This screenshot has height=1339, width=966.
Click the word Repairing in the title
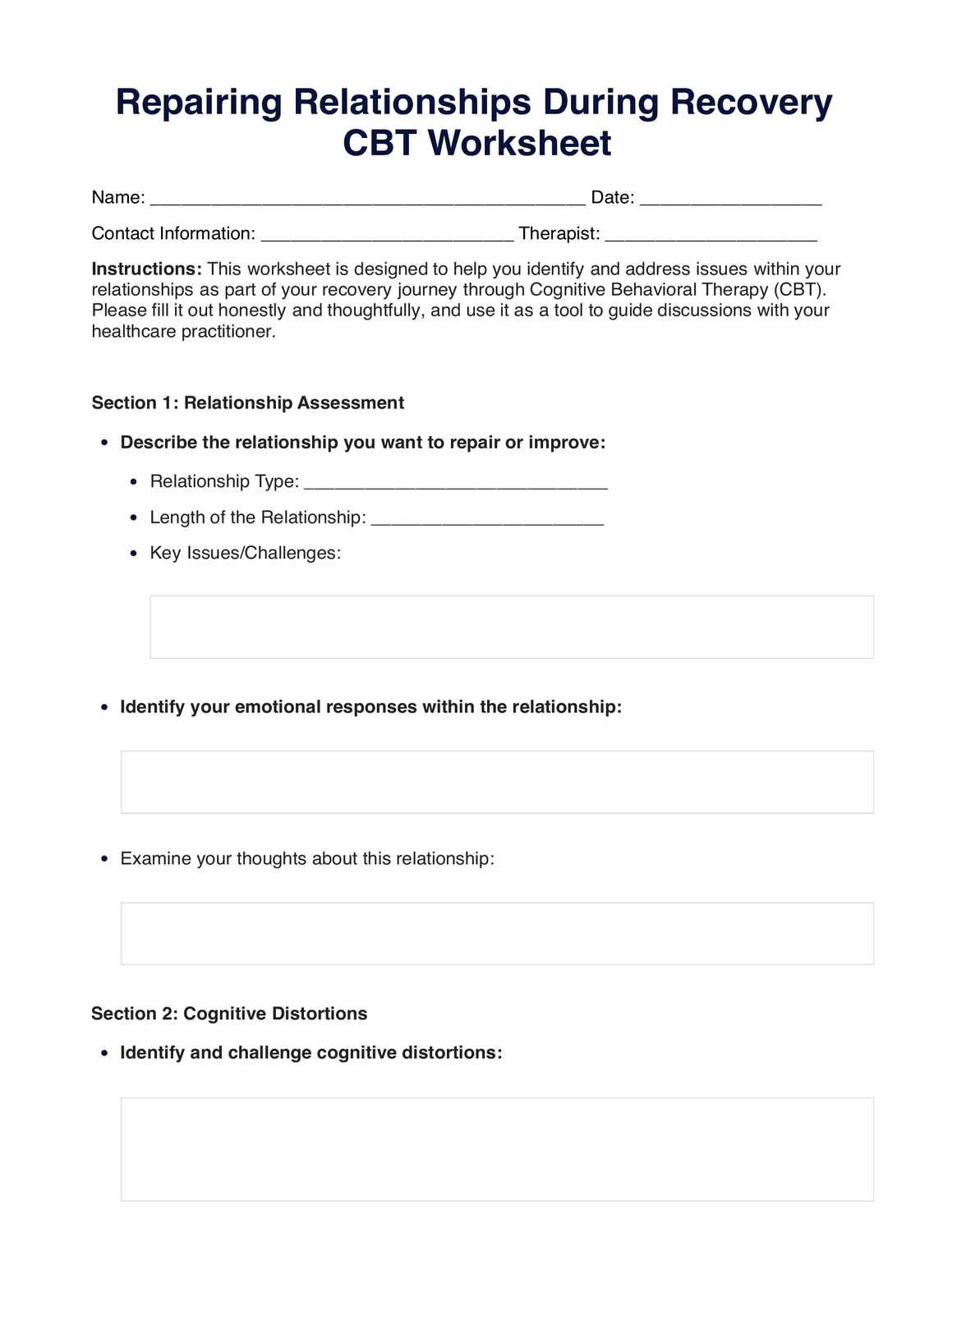pos(199,104)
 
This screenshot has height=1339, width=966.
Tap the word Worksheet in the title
pos(520,144)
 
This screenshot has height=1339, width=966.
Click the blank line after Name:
pos(367,199)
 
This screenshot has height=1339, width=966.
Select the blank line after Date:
pos(730,199)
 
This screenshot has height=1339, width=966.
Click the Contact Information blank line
pos(387,235)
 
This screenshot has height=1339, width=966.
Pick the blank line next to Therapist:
pos(711,235)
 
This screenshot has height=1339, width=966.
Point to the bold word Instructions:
pos(147,269)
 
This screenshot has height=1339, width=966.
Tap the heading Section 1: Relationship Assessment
pos(248,403)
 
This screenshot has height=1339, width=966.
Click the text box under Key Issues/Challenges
pos(512,628)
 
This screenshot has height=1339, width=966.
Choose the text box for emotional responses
pos(497,782)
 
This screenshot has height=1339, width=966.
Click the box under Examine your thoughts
pos(497,934)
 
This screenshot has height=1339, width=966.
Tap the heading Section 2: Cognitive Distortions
pos(229,1014)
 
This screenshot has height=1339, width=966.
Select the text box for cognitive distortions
pos(497,1149)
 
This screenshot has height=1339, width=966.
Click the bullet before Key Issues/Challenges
pos(134,554)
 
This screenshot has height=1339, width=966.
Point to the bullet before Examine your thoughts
pos(103,859)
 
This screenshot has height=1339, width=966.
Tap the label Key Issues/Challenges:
pos(246,553)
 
